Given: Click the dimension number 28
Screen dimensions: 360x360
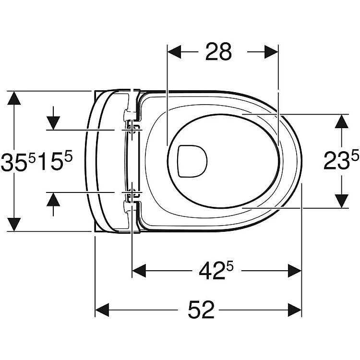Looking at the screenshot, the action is coord(218,52).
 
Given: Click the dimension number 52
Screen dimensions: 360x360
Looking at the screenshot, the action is coord(201,310).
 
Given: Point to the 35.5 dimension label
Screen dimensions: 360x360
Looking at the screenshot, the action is coord(18,162).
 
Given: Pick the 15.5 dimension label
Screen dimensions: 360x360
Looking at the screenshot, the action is coord(55,161).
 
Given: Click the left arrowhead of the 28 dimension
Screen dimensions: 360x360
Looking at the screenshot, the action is coord(174,52).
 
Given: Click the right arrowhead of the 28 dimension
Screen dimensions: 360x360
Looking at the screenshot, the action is coord(271,52).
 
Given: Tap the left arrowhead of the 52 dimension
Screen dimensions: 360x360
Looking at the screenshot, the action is coord(102,310).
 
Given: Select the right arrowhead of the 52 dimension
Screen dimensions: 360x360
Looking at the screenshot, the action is coord(295,310).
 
